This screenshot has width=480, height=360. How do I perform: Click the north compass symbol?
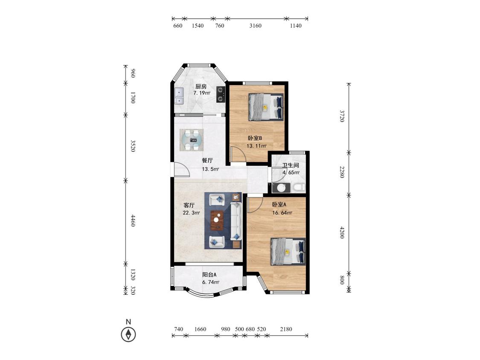(128, 334)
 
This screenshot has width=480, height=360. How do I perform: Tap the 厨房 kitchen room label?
(201, 87)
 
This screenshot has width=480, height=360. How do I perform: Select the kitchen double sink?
(179, 96)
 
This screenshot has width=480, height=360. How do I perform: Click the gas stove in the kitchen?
(221, 94)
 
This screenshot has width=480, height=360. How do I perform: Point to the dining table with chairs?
(192, 140)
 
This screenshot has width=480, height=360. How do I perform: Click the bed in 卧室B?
(266, 107)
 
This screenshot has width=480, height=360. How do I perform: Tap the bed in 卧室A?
(288, 252)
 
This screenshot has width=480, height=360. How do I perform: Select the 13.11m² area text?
(256, 146)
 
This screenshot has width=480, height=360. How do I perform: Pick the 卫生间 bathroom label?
(290, 165)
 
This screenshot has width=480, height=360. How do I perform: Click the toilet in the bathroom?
(298, 187)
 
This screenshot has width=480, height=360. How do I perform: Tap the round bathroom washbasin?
(281, 188)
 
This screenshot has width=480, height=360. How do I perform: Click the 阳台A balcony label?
(209, 275)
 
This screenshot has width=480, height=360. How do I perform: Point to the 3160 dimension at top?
(256, 26)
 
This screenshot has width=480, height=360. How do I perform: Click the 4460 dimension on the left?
(133, 221)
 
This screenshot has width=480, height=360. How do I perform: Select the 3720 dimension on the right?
(342, 116)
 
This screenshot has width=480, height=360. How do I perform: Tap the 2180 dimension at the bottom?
(286, 329)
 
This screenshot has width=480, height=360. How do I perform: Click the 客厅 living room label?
(189, 205)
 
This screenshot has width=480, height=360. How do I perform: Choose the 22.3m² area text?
(191, 213)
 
